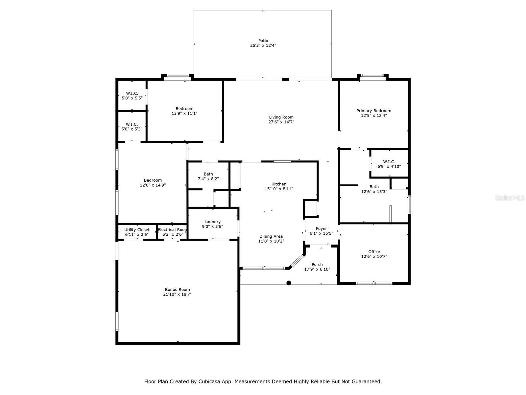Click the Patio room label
point(263,41)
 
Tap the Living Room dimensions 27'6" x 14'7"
point(281,122)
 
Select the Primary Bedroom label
point(374,111)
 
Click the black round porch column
point(289,283)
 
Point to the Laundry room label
point(212,222)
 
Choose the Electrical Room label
point(173,230)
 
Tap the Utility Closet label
point(137,230)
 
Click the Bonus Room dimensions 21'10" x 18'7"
point(178,294)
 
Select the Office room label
point(374,251)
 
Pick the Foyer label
point(321,228)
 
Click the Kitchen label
point(279,184)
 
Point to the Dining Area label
point(271,236)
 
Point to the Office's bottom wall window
point(374,283)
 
